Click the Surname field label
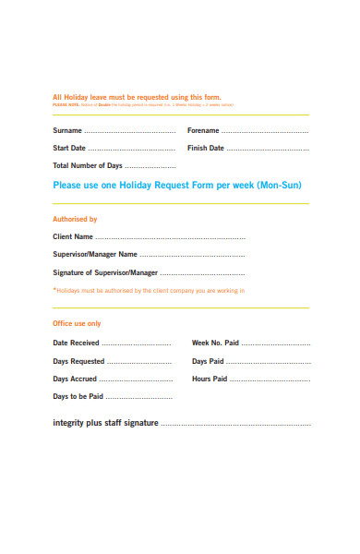click(x=67, y=131)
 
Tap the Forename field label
click(x=203, y=131)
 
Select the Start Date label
click(x=69, y=149)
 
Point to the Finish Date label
click(x=205, y=149)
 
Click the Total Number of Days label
click(x=88, y=166)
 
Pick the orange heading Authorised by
click(x=75, y=220)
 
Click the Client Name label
click(x=74, y=237)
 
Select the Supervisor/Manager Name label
click(x=95, y=255)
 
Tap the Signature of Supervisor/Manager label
click(x=105, y=273)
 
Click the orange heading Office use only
click(x=77, y=324)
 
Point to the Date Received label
click(x=76, y=343)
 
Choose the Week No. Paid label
click(x=215, y=343)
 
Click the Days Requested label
click(x=78, y=361)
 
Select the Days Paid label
click(x=208, y=361)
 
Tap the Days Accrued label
click(x=75, y=379)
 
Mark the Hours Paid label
click(x=210, y=379)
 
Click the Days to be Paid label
click(x=78, y=396)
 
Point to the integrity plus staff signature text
click(x=106, y=424)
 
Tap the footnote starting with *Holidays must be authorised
click(x=149, y=291)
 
